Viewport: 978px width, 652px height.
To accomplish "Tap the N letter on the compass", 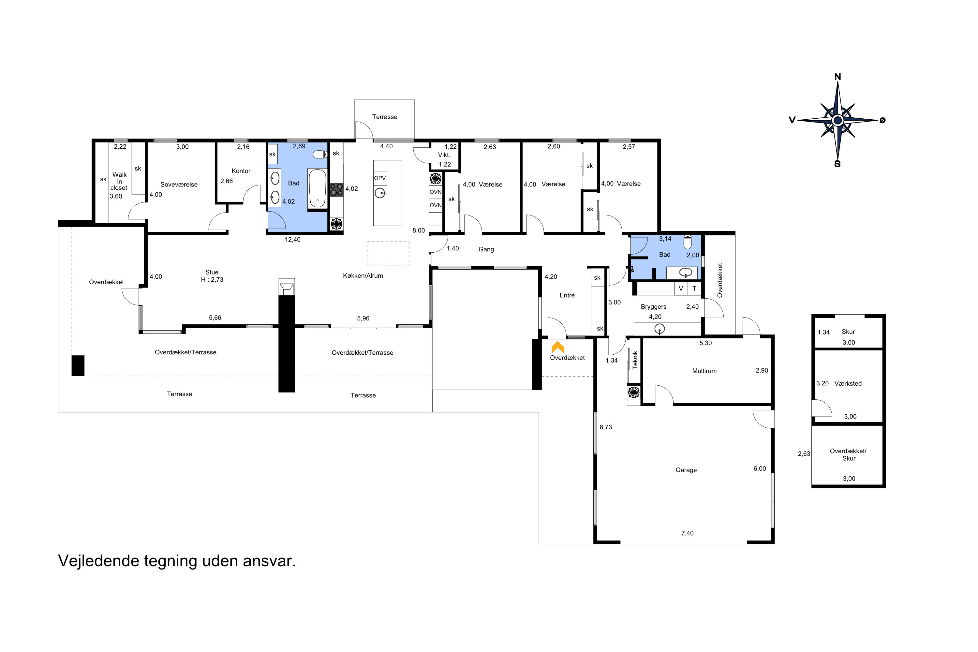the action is click(x=837, y=77).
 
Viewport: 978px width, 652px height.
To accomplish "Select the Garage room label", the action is click(x=686, y=470).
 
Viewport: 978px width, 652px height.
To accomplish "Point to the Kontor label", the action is click(x=241, y=171).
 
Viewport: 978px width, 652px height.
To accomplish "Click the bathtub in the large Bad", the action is click(x=317, y=188).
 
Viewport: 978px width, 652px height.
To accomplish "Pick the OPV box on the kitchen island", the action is click(x=380, y=178).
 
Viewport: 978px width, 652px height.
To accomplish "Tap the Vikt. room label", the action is click(x=444, y=155).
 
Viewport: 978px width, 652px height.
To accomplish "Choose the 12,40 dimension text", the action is click(x=292, y=240).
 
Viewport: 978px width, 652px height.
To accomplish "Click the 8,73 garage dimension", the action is click(x=606, y=427).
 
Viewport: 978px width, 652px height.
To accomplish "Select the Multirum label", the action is click(x=704, y=371).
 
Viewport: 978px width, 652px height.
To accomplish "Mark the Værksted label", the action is click(x=848, y=383).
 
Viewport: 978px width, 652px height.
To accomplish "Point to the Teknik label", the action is click(x=635, y=360).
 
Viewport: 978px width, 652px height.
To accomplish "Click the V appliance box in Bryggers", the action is click(x=681, y=289).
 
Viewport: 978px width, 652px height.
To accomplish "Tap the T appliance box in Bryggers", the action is click(x=694, y=289).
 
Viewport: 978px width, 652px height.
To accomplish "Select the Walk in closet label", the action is click(x=119, y=181).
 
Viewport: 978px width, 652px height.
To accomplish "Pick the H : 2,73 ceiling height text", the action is click(x=212, y=280).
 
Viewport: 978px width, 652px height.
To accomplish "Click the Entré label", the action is click(x=567, y=295).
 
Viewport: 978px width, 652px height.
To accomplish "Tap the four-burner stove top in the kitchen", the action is click(x=336, y=190).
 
